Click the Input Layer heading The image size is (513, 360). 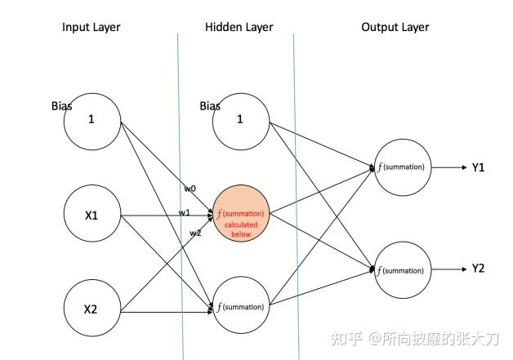(91, 27)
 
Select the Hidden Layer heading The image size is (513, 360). (239, 27)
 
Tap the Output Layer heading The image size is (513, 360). (395, 27)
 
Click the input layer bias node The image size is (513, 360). (92, 118)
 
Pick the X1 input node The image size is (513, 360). (92, 216)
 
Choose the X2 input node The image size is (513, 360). (92, 308)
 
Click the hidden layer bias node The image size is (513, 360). (240, 118)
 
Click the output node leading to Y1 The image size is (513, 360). (401, 167)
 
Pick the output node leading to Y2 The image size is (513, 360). (401, 269)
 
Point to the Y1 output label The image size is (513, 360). (479, 167)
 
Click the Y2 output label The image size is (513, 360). (479, 269)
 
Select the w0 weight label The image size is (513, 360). (190, 189)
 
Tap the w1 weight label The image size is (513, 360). (185, 213)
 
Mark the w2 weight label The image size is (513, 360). (195, 233)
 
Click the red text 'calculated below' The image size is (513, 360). (241, 229)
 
